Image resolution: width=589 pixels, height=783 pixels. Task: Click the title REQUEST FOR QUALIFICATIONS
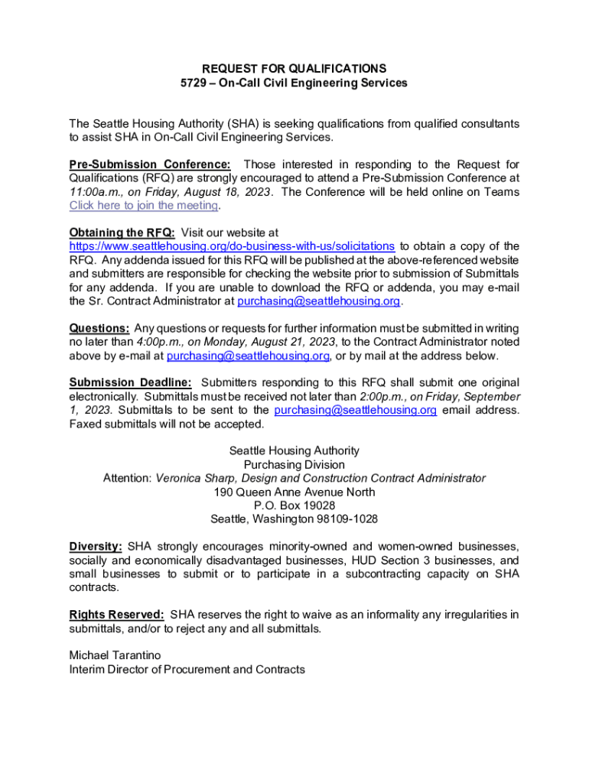[294, 69]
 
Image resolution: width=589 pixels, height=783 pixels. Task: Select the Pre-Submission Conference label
[150, 164]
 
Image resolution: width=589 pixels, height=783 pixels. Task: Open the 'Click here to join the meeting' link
[144, 206]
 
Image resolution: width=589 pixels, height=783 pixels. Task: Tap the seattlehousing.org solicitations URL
[232, 246]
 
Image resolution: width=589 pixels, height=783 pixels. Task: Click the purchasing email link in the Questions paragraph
[248, 356]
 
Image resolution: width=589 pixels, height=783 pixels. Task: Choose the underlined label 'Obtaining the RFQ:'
[122, 232]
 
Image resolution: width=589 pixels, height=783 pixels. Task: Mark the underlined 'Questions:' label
[99, 329]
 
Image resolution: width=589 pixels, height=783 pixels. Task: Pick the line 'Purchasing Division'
[294, 464]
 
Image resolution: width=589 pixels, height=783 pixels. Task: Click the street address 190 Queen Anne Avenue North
[294, 492]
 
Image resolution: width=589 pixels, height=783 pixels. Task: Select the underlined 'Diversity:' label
[96, 547]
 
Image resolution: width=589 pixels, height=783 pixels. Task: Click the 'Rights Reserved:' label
[116, 615]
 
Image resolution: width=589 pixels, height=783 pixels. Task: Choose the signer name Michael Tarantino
[115, 656]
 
